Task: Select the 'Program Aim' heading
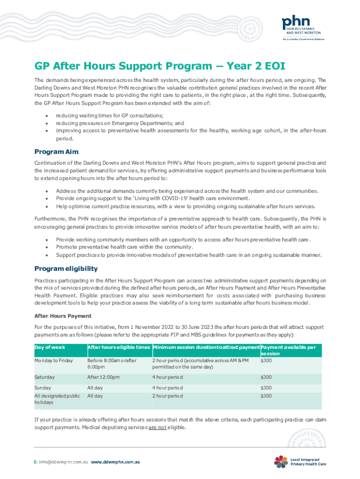pyautogui.click(x=57, y=152)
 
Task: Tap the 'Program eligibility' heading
pyautogui.click(x=66, y=269)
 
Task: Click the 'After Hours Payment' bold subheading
pyautogui.click(x=63, y=316)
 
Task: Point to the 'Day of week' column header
pyautogui.click(x=50, y=347)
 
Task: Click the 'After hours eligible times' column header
pyautogui.click(x=118, y=347)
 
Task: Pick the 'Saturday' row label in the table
pyautogui.click(x=44, y=377)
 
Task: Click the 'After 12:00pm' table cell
pyautogui.click(x=104, y=377)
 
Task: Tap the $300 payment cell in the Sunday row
pyautogui.click(x=266, y=388)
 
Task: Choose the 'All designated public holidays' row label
pyautogui.click(x=58, y=399)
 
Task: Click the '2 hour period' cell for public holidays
pyautogui.click(x=167, y=396)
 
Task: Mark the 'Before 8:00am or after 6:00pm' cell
pyautogui.click(x=112, y=364)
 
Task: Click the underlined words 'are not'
pyautogui.click(x=157, y=428)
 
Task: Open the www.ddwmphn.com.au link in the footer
pyautogui.click(x=115, y=462)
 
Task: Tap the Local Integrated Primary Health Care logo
pyautogui.click(x=300, y=461)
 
